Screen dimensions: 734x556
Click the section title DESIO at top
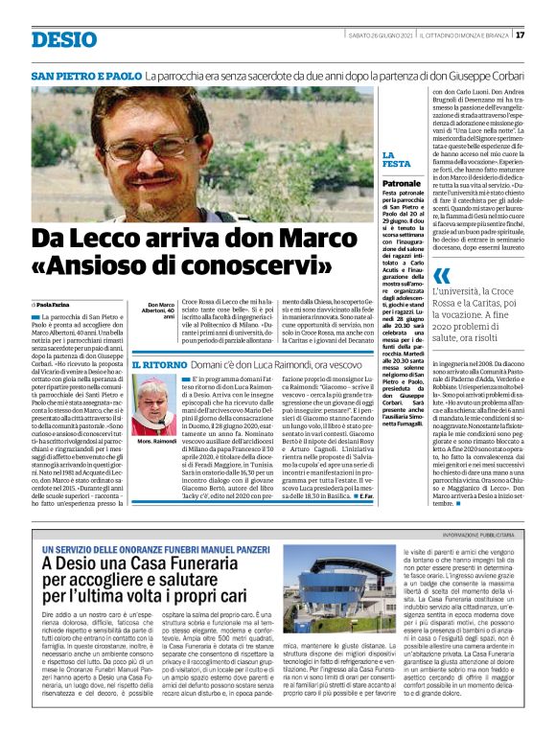[63, 39]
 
